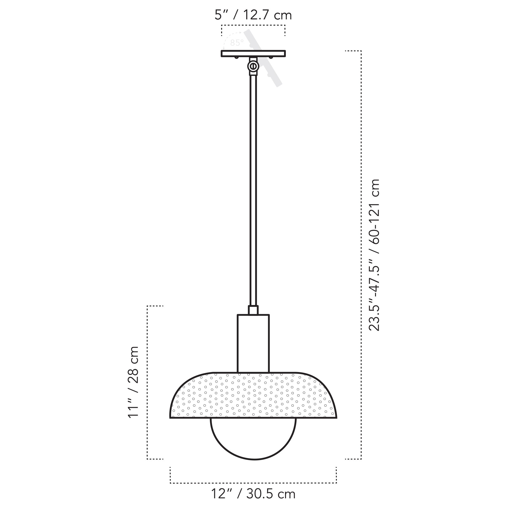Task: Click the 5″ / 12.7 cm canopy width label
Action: (253, 15)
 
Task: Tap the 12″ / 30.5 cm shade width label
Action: (253, 494)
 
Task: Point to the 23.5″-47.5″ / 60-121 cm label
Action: (374, 255)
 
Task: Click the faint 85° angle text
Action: (237, 43)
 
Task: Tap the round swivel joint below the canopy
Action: (253, 66)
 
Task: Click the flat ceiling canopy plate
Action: (253, 53)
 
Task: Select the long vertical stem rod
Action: (253, 190)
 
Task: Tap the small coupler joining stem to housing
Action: (253, 310)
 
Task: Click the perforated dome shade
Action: (253, 395)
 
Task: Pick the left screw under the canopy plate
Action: (237, 57)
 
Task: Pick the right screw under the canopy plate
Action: (271, 57)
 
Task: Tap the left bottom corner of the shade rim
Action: (171, 418)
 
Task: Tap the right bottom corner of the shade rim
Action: (336, 418)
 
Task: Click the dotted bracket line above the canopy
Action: (253, 25)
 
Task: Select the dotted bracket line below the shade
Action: (253, 483)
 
